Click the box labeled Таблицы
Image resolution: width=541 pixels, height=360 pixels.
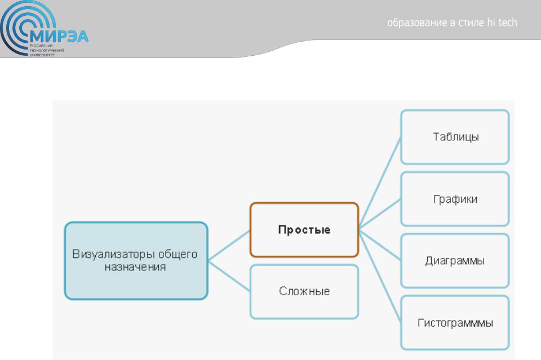[x=455, y=137]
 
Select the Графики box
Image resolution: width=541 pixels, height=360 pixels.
[x=455, y=199]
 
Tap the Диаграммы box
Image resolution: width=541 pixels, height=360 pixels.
[x=455, y=261]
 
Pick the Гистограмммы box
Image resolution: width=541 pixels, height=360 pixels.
[x=455, y=323]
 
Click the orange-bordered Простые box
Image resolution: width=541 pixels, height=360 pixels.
[x=304, y=230]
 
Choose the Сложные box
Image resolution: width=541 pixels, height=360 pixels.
[x=304, y=292]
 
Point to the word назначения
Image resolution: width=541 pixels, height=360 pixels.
[x=135, y=267]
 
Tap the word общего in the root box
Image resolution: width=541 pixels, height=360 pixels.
[x=178, y=255]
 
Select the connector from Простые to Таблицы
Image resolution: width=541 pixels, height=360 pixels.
[x=380, y=183]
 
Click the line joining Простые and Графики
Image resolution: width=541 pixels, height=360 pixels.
[x=380, y=214]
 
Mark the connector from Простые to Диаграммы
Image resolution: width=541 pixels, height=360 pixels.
[x=380, y=245]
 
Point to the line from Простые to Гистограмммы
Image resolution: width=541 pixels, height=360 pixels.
[x=380, y=276]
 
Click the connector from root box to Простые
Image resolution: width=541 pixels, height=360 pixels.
[x=229, y=245]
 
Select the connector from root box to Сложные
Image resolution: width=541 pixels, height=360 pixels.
[x=229, y=276]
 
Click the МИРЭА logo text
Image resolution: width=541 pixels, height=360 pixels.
[x=59, y=36]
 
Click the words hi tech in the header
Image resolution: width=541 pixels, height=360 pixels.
[x=502, y=23]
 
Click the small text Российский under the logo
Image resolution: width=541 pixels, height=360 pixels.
[x=41, y=46]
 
